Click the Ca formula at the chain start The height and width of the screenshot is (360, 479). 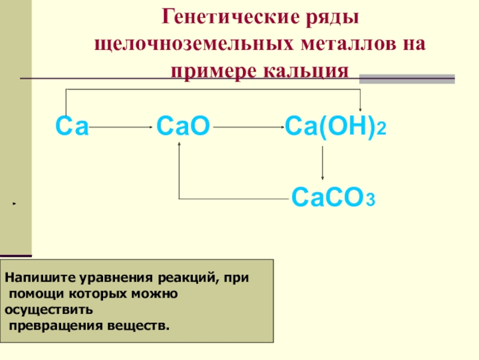pos(72,127)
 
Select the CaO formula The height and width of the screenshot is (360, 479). pos(183,127)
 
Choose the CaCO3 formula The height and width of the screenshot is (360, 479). pos(333,197)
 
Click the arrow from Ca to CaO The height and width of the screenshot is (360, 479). pos(122,127)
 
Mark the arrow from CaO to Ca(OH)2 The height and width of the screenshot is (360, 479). pos(248,127)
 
